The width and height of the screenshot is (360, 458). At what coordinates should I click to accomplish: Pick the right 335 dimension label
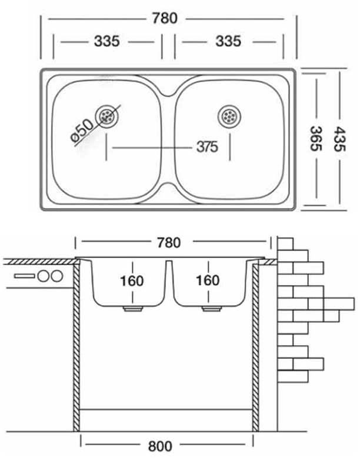click(228, 42)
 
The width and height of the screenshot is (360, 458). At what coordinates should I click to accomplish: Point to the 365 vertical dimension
click(316, 139)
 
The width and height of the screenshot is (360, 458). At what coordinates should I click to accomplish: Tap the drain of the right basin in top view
click(229, 116)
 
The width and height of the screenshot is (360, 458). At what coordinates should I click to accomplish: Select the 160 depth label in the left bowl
click(132, 280)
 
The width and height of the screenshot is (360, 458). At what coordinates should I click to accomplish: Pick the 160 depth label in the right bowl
click(208, 280)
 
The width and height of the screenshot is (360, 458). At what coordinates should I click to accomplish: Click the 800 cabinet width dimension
click(161, 446)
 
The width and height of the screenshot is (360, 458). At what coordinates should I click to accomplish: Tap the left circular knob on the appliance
click(43, 276)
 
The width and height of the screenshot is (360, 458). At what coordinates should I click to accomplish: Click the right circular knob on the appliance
click(56, 276)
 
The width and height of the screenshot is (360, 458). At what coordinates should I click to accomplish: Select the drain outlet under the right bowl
click(209, 308)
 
